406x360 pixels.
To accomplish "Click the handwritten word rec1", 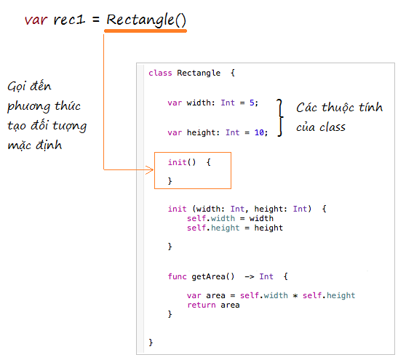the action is [x=69, y=20].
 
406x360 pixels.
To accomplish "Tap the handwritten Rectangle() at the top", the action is [x=146, y=20].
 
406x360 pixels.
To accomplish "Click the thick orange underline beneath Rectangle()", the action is [x=146, y=31].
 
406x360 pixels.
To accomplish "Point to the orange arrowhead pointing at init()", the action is [x=150, y=169].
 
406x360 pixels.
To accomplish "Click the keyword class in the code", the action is [x=160, y=73].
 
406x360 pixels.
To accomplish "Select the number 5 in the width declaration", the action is [x=252, y=103].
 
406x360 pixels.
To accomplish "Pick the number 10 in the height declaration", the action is [x=259, y=132].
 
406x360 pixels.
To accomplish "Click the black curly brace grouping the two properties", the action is [x=280, y=118].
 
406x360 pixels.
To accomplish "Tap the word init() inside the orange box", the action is [x=182, y=162].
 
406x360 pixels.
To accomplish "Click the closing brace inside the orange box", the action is [x=170, y=180].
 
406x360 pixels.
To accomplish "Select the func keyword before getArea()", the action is [x=177, y=276].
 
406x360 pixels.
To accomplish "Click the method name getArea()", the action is [x=213, y=276].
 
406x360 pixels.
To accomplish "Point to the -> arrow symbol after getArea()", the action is [x=250, y=276].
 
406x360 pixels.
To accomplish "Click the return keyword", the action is [x=202, y=305].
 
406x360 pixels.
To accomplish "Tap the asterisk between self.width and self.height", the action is [x=295, y=295].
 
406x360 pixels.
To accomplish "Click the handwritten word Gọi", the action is [x=17, y=87].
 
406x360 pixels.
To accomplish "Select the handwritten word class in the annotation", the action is [x=333, y=127].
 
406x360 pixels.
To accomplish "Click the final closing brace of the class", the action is [x=151, y=343].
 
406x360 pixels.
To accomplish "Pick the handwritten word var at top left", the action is [x=36, y=20].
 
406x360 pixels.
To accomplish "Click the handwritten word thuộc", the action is [x=338, y=108].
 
